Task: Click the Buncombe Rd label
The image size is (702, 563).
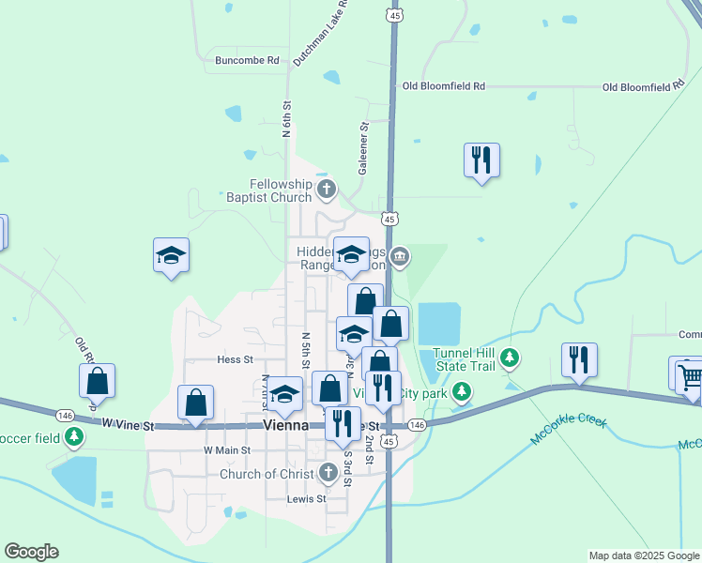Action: pos(248,60)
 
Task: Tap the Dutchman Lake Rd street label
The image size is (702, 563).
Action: pos(322,33)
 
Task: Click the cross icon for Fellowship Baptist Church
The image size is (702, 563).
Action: pos(327,191)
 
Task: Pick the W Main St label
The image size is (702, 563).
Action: pos(228,450)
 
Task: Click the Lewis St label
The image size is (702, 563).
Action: pos(307,498)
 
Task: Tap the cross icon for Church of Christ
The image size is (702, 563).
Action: pos(328,473)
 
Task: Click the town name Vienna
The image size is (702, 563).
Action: pos(286,425)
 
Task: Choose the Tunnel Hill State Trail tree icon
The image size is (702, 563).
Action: pos(510,357)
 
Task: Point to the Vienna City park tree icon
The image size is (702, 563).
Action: pos(461,391)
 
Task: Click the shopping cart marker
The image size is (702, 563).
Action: pos(690,377)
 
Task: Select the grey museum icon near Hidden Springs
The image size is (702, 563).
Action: pos(401,256)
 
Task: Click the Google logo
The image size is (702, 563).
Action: pos(31,552)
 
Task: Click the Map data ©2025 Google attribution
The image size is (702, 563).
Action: pos(644,555)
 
